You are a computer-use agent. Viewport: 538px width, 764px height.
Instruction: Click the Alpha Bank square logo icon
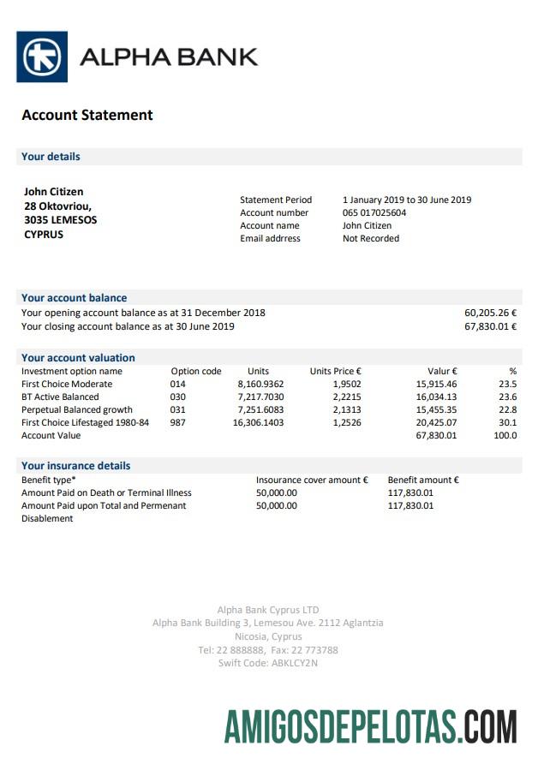[x=42, y=57]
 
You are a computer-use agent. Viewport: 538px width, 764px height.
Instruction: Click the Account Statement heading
[x=87, y=115]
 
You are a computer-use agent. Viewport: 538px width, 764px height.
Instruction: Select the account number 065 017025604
[x=374, y=212]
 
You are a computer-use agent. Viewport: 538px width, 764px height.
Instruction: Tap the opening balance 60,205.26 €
[x=490, y=313]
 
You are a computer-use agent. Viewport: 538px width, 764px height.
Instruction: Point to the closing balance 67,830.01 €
[x=490, y=326]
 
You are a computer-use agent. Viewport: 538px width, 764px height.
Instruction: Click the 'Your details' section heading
[x=51, y=157]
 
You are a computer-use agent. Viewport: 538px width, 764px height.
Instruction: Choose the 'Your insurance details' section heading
[x=76, y=466]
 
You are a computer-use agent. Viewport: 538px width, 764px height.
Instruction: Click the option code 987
[x=177, y=422]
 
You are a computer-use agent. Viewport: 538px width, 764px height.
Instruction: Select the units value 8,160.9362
[x=260, y=384]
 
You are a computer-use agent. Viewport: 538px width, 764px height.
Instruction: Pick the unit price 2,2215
[x=346, y=397]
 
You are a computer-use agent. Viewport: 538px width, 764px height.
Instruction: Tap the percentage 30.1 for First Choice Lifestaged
[x=508, y=422]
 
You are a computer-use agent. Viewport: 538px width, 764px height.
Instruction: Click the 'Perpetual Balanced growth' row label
[x=77, y=409]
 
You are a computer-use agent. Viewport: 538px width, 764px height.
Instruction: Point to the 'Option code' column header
[x=196, y=371]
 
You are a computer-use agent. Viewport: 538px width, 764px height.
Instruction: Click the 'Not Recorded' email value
[x=371, y=238]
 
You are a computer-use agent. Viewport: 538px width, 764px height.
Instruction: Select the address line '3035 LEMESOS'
[x=60, y=220]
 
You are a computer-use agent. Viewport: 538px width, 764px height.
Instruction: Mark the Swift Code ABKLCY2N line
[x=268, y=662]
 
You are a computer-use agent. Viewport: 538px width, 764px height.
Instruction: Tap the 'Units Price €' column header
[x=335, y=371]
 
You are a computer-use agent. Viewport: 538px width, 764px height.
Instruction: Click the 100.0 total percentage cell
[x=505, y=435]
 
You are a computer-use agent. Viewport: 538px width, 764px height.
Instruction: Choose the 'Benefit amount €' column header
[x=423, y=480]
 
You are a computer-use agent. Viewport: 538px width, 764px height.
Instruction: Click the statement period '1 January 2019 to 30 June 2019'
[x=407, y=200]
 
